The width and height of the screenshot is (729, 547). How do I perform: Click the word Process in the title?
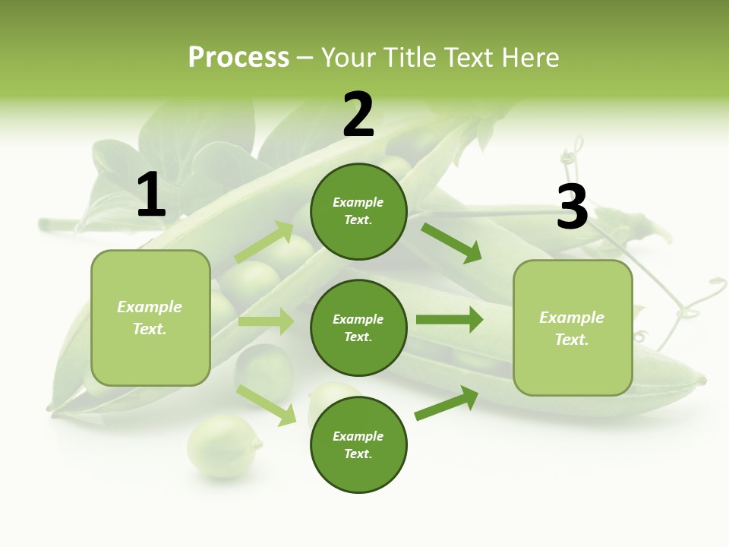point(238,58)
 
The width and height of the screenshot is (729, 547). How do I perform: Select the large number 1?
point(151,195)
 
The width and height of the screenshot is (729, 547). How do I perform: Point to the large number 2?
point(358,115)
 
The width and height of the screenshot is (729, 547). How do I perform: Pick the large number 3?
point(572,207)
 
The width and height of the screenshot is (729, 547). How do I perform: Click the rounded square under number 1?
point(150,318)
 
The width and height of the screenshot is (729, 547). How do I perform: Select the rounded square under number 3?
point(573,327)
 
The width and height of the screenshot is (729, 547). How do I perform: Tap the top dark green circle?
point(358,211)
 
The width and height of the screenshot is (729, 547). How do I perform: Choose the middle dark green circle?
point(358,327)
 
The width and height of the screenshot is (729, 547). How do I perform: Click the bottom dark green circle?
point(358,444)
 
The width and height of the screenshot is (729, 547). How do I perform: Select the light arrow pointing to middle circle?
point(266,321)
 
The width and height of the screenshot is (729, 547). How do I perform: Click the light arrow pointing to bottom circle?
point(267,404)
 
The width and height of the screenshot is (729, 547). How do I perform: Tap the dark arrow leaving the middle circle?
point(450,320)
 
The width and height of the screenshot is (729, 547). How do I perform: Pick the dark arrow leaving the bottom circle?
point(447,403)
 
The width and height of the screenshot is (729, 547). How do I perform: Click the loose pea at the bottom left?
point(224,446)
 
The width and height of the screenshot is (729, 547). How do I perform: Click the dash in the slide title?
point(305,58)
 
